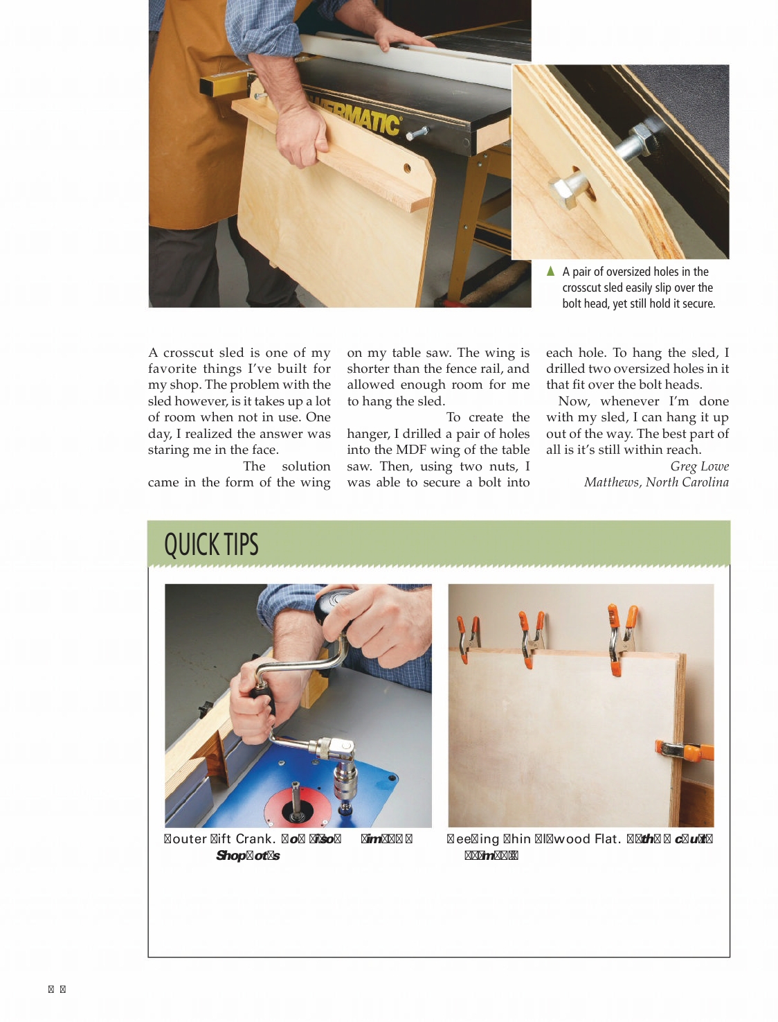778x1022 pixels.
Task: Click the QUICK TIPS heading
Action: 211,545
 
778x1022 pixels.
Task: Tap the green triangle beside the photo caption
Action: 550,271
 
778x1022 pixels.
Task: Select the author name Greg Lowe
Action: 699,466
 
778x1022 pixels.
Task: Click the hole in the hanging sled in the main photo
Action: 407,168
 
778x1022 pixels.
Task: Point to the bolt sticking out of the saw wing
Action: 418,132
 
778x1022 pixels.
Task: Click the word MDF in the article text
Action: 411,450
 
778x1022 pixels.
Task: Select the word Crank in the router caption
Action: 255,839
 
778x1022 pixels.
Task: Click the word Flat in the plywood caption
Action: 606,839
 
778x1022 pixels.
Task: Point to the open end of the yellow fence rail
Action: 207,86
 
